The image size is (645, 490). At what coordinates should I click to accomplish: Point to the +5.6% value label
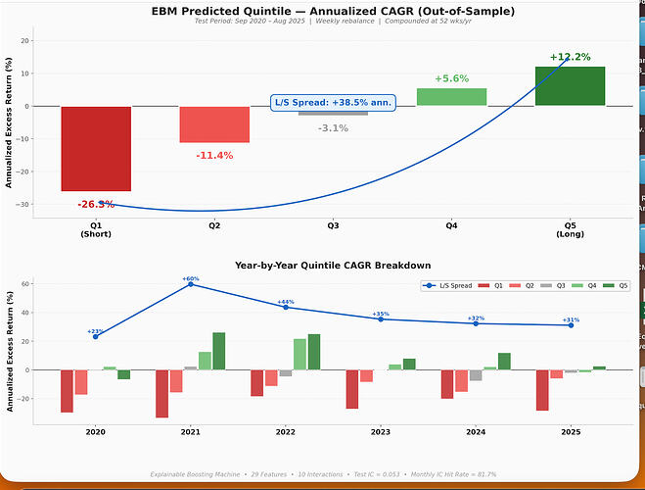[451, 78]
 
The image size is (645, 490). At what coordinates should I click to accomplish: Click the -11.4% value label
[214, 155]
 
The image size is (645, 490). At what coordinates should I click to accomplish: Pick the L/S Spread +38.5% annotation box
[333, 101]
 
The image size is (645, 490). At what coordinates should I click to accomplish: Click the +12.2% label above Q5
[571, 57]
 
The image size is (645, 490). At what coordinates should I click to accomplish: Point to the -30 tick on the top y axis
[25, 204]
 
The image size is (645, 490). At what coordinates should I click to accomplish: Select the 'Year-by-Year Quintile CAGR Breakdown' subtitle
[333, 265]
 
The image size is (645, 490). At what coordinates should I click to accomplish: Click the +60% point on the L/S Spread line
[190, 284]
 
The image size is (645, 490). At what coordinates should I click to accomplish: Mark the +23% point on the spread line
[95, 336]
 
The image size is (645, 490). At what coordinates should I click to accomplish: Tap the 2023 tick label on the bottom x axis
[381, 431]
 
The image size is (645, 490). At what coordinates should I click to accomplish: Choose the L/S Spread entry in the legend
[449, 285]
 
